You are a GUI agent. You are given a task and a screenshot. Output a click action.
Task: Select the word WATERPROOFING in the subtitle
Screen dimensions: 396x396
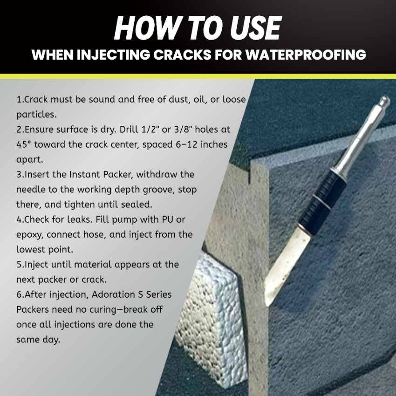(306, 55)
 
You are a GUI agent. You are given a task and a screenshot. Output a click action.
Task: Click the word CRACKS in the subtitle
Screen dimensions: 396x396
(182, 55)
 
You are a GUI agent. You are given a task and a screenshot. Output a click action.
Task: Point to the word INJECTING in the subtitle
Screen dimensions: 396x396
(113, 55)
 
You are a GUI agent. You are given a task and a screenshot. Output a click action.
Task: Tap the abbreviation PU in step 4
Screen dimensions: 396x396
(168, 219)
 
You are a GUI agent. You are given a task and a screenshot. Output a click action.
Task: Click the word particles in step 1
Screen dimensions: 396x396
(37, 115)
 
